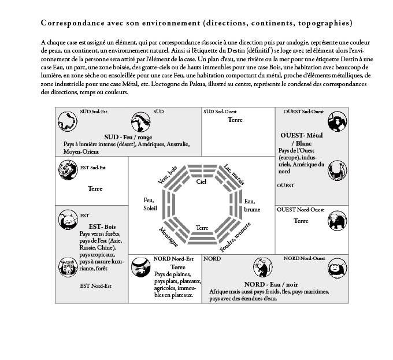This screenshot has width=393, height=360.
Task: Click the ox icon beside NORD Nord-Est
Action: (x=139, y=268)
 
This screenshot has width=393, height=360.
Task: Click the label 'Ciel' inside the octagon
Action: (x=201, y=181)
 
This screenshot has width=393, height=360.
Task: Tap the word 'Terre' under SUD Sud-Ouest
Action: (x=235, y=120)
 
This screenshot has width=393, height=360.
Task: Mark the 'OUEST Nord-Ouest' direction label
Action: (x=300, y=209)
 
